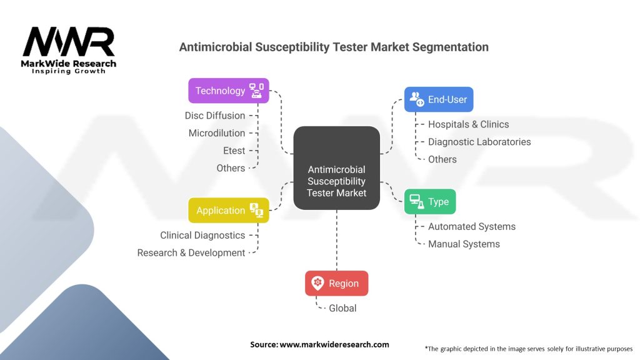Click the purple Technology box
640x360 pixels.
click(229, 91)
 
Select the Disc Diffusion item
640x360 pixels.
click(214, 116)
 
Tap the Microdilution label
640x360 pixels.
click(216, 133)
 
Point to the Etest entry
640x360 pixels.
click(234, 151)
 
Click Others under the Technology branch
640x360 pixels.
click(230, 168)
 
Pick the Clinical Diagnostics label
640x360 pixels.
click(202, 236)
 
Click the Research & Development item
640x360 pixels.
click(191, 253)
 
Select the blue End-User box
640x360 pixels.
click(438, 99)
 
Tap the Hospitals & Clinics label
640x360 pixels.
click(468, 124)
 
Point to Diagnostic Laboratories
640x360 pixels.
click(479, 142)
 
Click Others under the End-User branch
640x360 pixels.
click(442, 159)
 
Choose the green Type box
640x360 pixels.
click(430, 202)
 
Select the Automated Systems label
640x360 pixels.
click(471, 227)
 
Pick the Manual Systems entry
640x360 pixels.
click(463, 244)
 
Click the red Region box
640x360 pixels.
click(336, 283)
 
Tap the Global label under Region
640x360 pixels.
click(342, 308)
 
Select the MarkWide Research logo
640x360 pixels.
click(69, 50)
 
